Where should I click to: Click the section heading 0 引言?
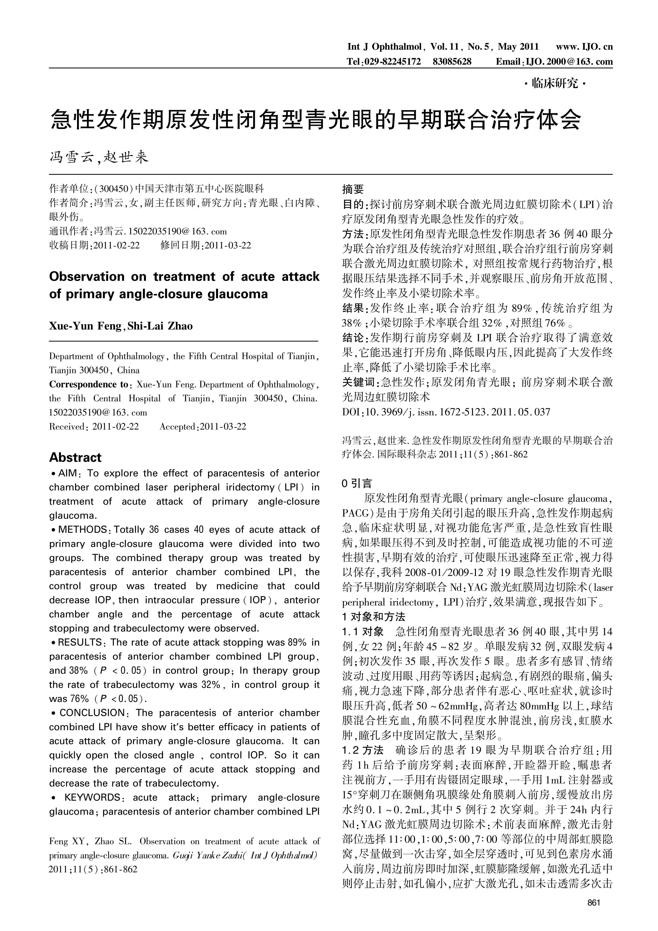tap(357, 483)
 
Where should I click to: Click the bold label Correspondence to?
tap(89, 384)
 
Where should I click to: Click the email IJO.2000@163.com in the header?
tap(569, 62)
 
